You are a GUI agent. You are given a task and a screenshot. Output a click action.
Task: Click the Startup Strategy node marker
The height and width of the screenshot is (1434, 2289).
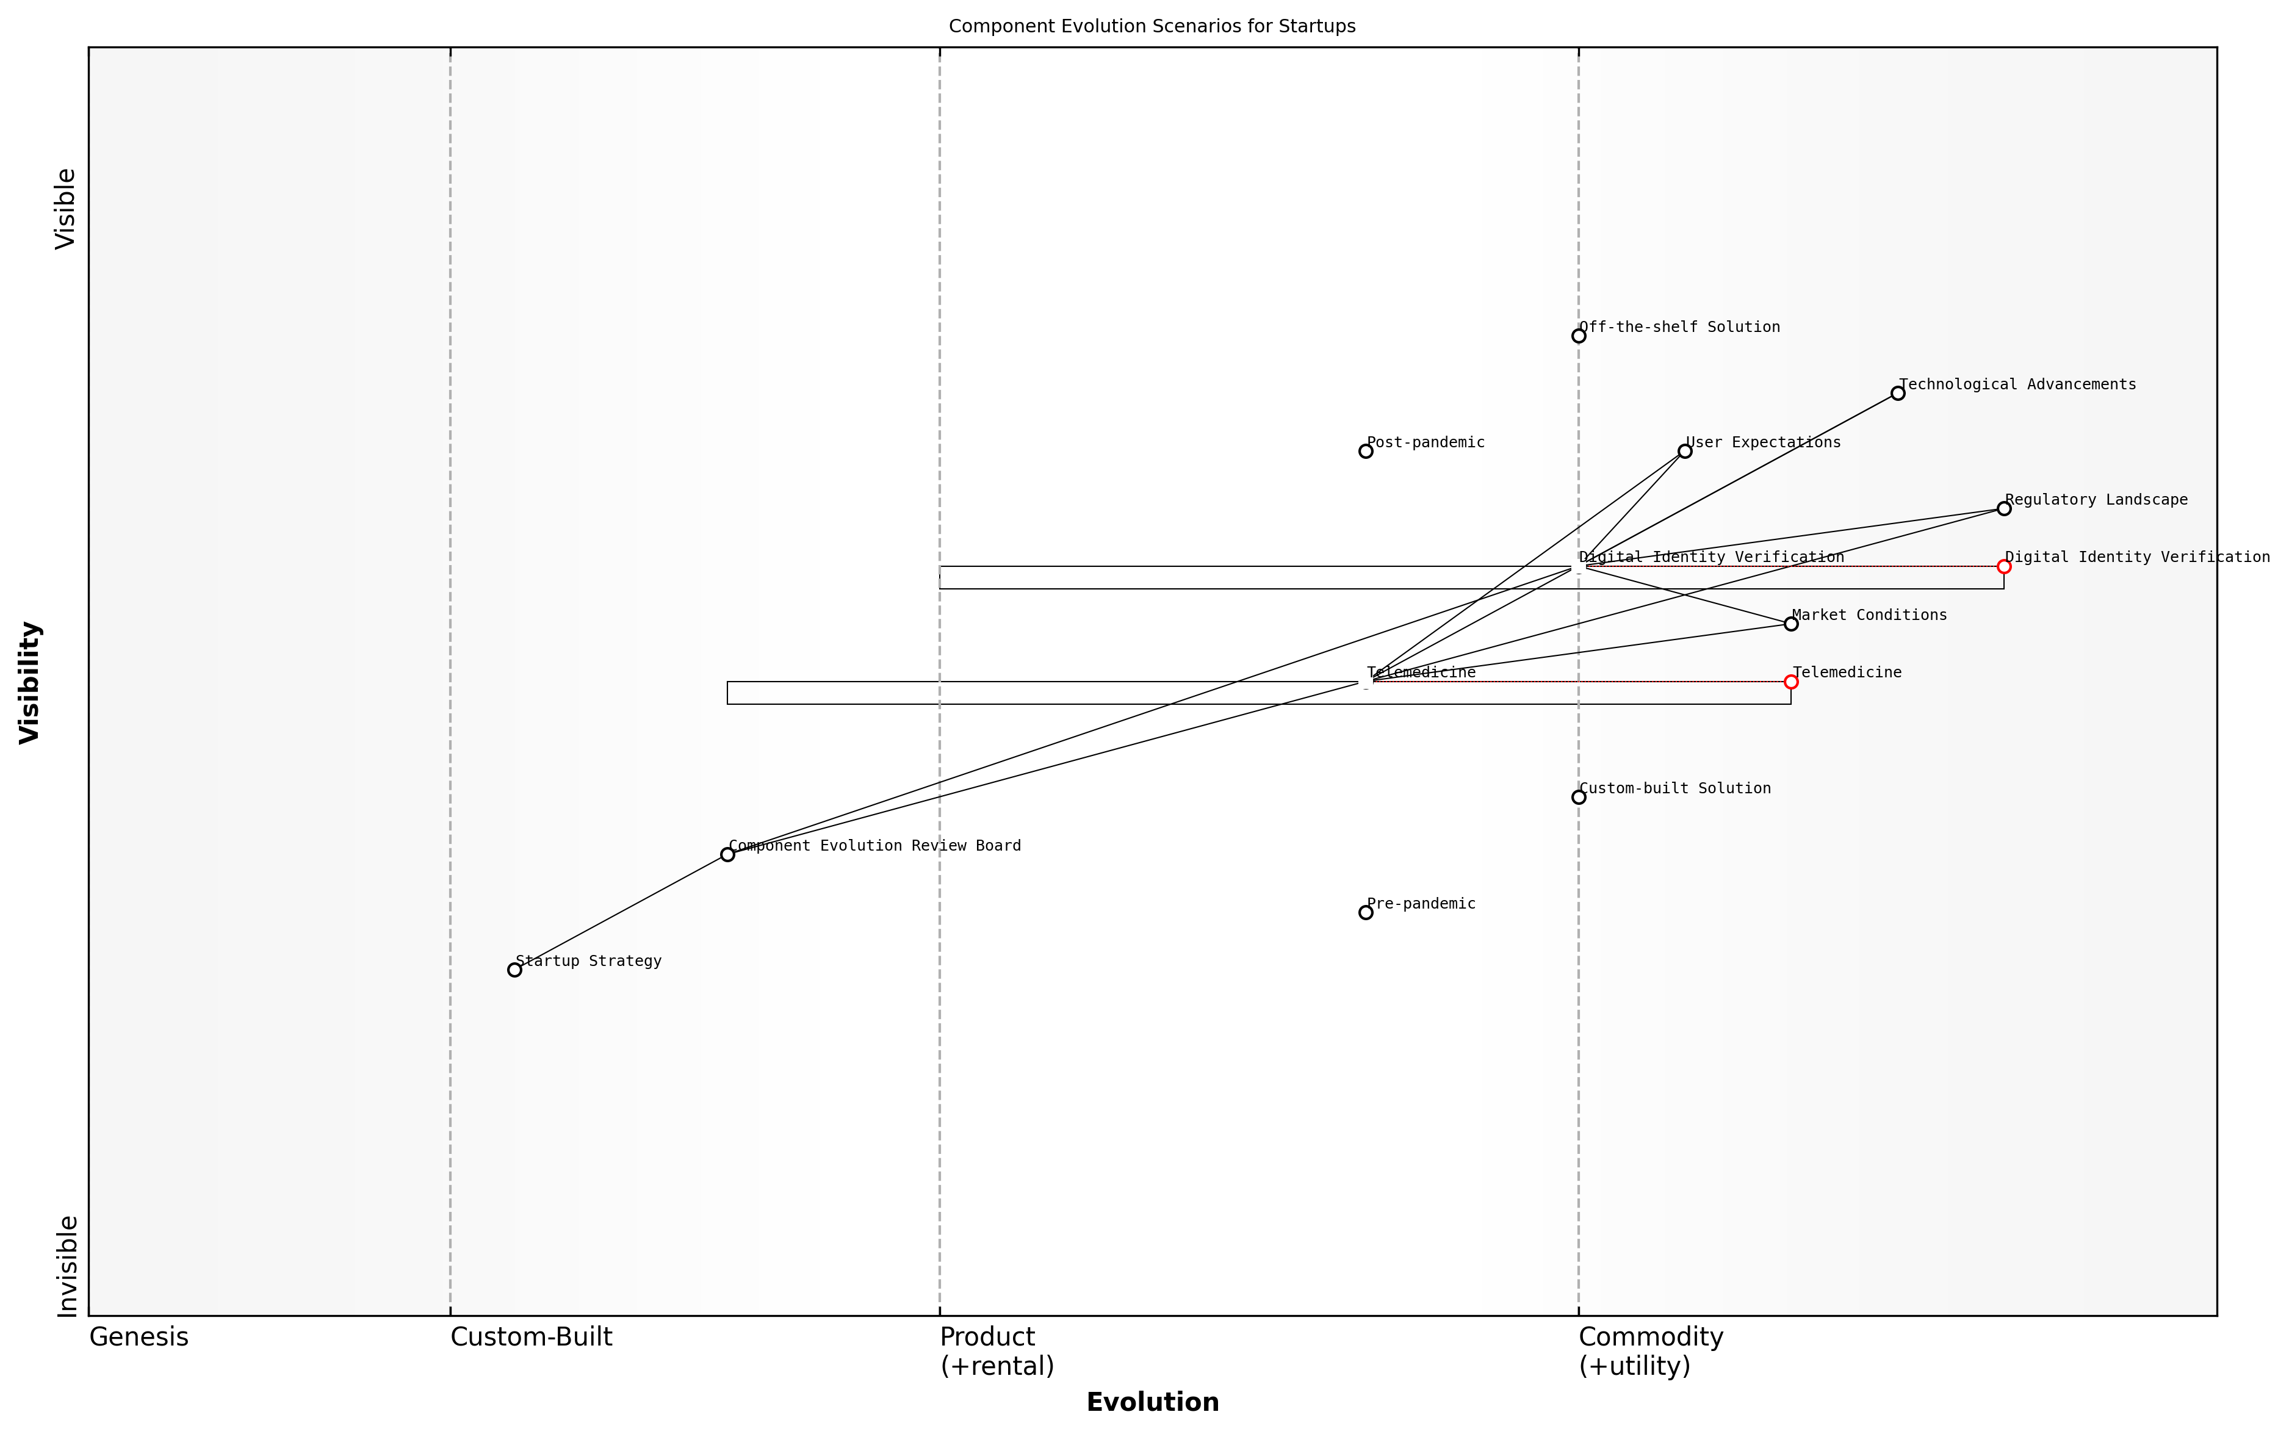(514, 969)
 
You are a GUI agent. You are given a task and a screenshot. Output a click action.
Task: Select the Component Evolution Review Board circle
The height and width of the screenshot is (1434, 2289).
(727, 854)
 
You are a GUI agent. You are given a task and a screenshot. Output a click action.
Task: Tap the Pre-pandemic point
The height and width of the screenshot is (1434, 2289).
(1366, 912)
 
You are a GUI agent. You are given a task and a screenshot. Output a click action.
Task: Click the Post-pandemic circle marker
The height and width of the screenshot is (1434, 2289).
(1366, 450)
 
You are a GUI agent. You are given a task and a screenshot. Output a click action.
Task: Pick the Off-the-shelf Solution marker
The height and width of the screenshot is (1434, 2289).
(1579, 336)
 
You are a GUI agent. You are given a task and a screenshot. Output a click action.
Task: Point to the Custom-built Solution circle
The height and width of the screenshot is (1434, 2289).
(1579, 797)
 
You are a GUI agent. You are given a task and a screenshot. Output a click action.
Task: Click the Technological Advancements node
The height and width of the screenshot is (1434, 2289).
(1897, 392)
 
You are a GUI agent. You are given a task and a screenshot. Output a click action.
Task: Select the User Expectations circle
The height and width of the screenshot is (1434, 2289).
(1685, 450)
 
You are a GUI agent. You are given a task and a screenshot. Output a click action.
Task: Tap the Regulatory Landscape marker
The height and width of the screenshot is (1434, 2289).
(2003, 508)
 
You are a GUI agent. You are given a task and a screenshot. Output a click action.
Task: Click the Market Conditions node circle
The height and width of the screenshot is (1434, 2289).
(1791, 623)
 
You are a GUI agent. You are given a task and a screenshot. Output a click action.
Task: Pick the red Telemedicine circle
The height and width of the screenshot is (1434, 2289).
(1791, 681)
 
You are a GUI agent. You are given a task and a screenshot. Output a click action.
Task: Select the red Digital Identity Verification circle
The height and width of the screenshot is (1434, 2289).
(2003, 566)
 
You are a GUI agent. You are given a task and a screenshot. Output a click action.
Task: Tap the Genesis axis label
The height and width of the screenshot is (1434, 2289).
(139, 1337)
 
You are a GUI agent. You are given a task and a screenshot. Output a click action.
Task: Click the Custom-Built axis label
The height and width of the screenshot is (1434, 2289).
(531, 1337)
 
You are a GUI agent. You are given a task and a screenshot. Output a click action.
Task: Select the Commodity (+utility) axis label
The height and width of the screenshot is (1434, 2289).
(1650, 1352)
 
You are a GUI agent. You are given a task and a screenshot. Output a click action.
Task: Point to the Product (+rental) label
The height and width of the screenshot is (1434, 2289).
(996, 1352)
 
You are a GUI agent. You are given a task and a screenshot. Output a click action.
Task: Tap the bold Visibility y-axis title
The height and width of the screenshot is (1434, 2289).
(31, 682)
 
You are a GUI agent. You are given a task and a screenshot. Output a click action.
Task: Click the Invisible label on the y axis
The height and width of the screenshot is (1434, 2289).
(67, 1266)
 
